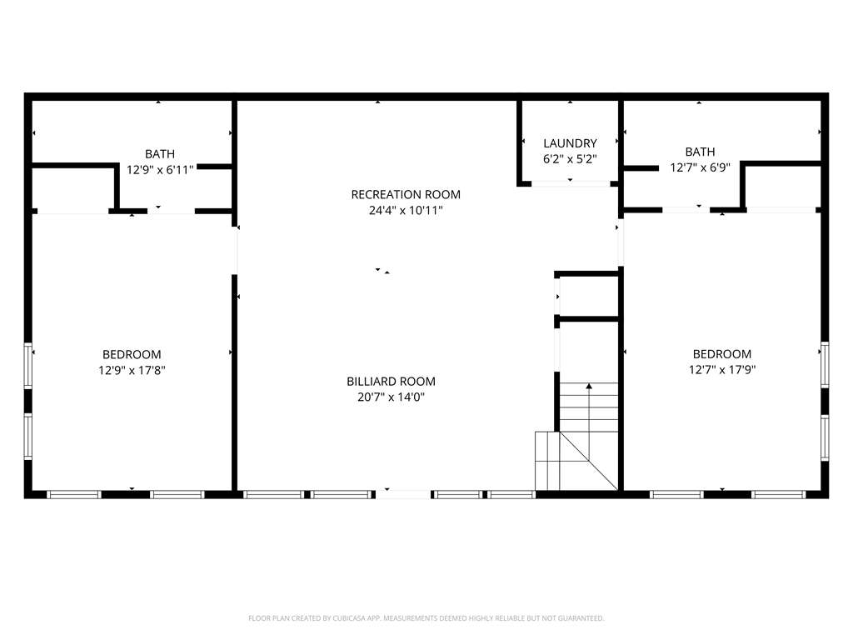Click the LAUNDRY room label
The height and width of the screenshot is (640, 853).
[570, 143]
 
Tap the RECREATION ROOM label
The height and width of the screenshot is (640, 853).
[406, 194]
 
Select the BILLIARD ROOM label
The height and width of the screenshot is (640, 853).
[392, 382]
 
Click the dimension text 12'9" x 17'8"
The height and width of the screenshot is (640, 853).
[132, 370]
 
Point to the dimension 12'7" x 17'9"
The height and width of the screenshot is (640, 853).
[722, 369]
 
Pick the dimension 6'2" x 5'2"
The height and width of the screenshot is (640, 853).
[570, 159]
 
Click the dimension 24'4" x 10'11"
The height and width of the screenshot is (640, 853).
[406, 210]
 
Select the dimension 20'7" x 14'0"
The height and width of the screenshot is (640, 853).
[392, 397]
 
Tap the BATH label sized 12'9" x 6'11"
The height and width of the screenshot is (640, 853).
[160, 154]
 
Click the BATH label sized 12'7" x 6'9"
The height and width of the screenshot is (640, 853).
[700, 152]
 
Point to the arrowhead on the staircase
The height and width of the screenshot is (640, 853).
[589, 386]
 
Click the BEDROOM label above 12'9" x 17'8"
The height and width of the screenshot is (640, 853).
[132, 354]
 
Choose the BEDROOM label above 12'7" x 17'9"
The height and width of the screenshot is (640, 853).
[722, 353]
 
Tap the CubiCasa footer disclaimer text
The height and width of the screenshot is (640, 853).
[426, 618]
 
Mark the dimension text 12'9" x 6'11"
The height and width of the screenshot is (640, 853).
[160, 170]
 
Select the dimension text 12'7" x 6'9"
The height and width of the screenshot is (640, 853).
[700, 167]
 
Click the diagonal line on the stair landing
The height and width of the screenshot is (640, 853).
[589, 461]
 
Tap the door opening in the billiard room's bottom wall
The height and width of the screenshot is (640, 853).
[405, 494]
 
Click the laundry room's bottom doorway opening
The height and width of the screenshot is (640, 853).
[571, 184]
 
